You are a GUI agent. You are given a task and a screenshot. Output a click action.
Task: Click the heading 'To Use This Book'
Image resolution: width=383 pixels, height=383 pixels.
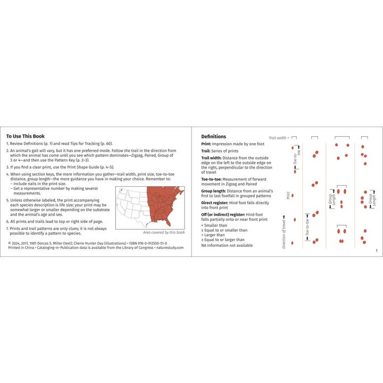[26, 136]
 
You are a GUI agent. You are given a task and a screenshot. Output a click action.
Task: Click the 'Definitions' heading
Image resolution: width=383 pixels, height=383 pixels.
[213, 137]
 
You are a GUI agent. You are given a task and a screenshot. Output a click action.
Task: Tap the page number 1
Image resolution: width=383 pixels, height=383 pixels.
[376, 251]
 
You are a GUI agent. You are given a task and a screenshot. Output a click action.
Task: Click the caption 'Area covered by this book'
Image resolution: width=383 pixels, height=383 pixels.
[164, 232]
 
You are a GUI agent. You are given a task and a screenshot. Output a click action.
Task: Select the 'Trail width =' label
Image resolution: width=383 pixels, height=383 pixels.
[279, 137]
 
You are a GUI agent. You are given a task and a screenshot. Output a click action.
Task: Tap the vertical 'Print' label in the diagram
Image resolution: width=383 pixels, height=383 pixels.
[288, 195]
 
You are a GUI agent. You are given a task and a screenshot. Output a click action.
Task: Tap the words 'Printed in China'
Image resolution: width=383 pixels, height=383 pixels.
[20, 247]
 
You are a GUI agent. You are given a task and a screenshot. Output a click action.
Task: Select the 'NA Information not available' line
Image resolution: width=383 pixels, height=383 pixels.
[227, 245]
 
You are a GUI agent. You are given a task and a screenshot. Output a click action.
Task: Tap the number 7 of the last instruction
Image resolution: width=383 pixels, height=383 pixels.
[7, 228]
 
